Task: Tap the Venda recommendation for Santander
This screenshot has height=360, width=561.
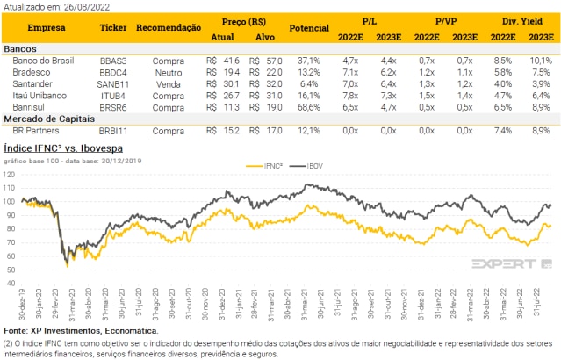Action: pos(168,83)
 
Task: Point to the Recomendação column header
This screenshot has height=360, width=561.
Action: pos(169,27)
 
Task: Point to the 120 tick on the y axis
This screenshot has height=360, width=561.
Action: pos(11,174)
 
